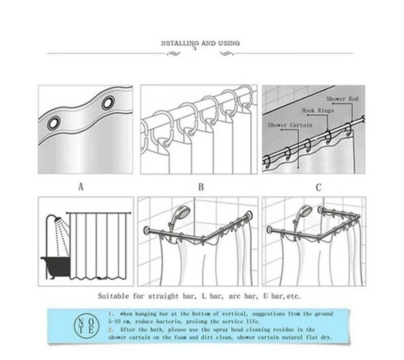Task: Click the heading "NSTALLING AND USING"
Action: pos(200,44)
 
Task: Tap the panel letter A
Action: pos(81,187)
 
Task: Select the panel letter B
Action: pos(201,187)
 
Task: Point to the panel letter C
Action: pos(319,187)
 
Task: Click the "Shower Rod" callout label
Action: pos(342,99)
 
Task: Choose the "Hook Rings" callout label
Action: pos(318,110)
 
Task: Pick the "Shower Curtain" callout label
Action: pos(290,125)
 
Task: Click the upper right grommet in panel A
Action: pos(108,103)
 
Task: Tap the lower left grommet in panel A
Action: pos(54,123)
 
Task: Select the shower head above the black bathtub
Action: pos(56,220)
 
